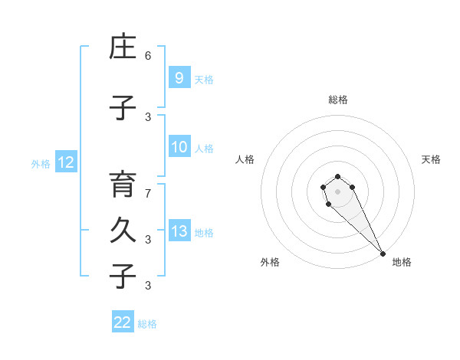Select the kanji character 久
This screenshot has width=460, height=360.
(122, 232)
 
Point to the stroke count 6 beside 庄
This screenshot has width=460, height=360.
(148, 56)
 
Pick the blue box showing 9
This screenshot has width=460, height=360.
(179, 77)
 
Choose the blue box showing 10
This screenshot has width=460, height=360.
(179, 147)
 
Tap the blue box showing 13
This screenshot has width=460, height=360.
(179, 231)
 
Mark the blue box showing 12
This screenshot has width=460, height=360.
(65, 162)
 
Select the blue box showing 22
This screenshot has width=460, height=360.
(123, 322)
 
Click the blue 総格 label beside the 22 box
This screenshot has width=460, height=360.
(147, 324)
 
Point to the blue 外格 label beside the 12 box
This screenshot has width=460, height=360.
(41, 163)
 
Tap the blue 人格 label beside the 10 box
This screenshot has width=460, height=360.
(204, 149)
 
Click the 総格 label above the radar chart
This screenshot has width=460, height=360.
(337, 100)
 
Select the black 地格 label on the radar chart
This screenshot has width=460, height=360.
(402, 262)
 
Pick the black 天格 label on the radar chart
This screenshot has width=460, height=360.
(431, 159)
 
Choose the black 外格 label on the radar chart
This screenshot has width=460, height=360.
(270, 262)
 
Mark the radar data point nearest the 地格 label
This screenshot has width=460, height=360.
(383, 254)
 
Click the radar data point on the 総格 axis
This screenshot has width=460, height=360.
(337, 177)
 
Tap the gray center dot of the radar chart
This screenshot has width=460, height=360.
(337, 191)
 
